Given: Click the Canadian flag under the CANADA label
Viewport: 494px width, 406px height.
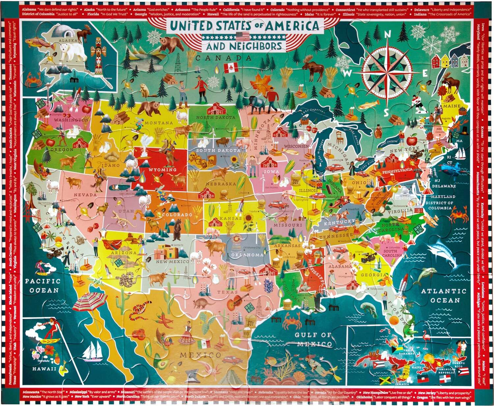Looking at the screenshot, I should point(231,68).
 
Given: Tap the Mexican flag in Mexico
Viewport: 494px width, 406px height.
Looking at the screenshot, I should point(204,344).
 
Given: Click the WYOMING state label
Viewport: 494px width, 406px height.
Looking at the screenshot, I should point(162,170).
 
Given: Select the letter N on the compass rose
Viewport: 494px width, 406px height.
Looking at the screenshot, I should point(388,34).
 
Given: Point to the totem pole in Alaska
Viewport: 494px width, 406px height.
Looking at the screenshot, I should point(98,54).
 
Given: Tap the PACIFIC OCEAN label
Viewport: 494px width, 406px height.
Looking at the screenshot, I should point(43,286).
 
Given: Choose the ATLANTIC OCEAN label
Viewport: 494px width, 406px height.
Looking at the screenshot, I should point(444,295).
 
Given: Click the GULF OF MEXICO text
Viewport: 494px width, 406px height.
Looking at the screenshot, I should point(313,339).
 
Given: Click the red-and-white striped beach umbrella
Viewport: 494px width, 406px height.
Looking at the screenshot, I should point(90,301).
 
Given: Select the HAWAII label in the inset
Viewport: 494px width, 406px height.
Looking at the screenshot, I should point(44,369).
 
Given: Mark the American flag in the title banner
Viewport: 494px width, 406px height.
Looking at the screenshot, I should point(243,36).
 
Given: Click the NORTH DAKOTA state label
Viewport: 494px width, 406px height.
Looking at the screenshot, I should point(216,117).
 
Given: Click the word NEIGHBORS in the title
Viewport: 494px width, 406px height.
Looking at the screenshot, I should point(253,46).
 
